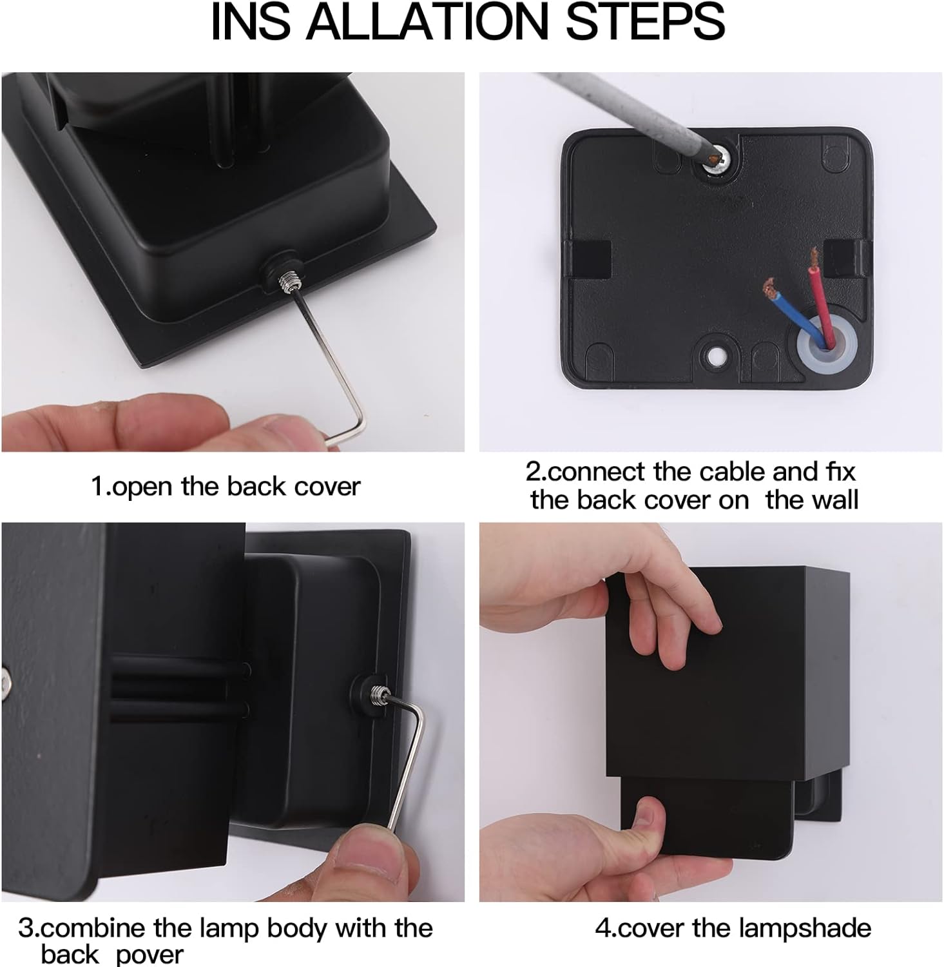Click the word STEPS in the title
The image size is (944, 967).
pyautogui.click(x=645, y=21)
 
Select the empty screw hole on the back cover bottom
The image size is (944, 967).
pyautogui.click(x=715, y=355)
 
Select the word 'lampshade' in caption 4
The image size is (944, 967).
pyautogui.click(x=805, y=928)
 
